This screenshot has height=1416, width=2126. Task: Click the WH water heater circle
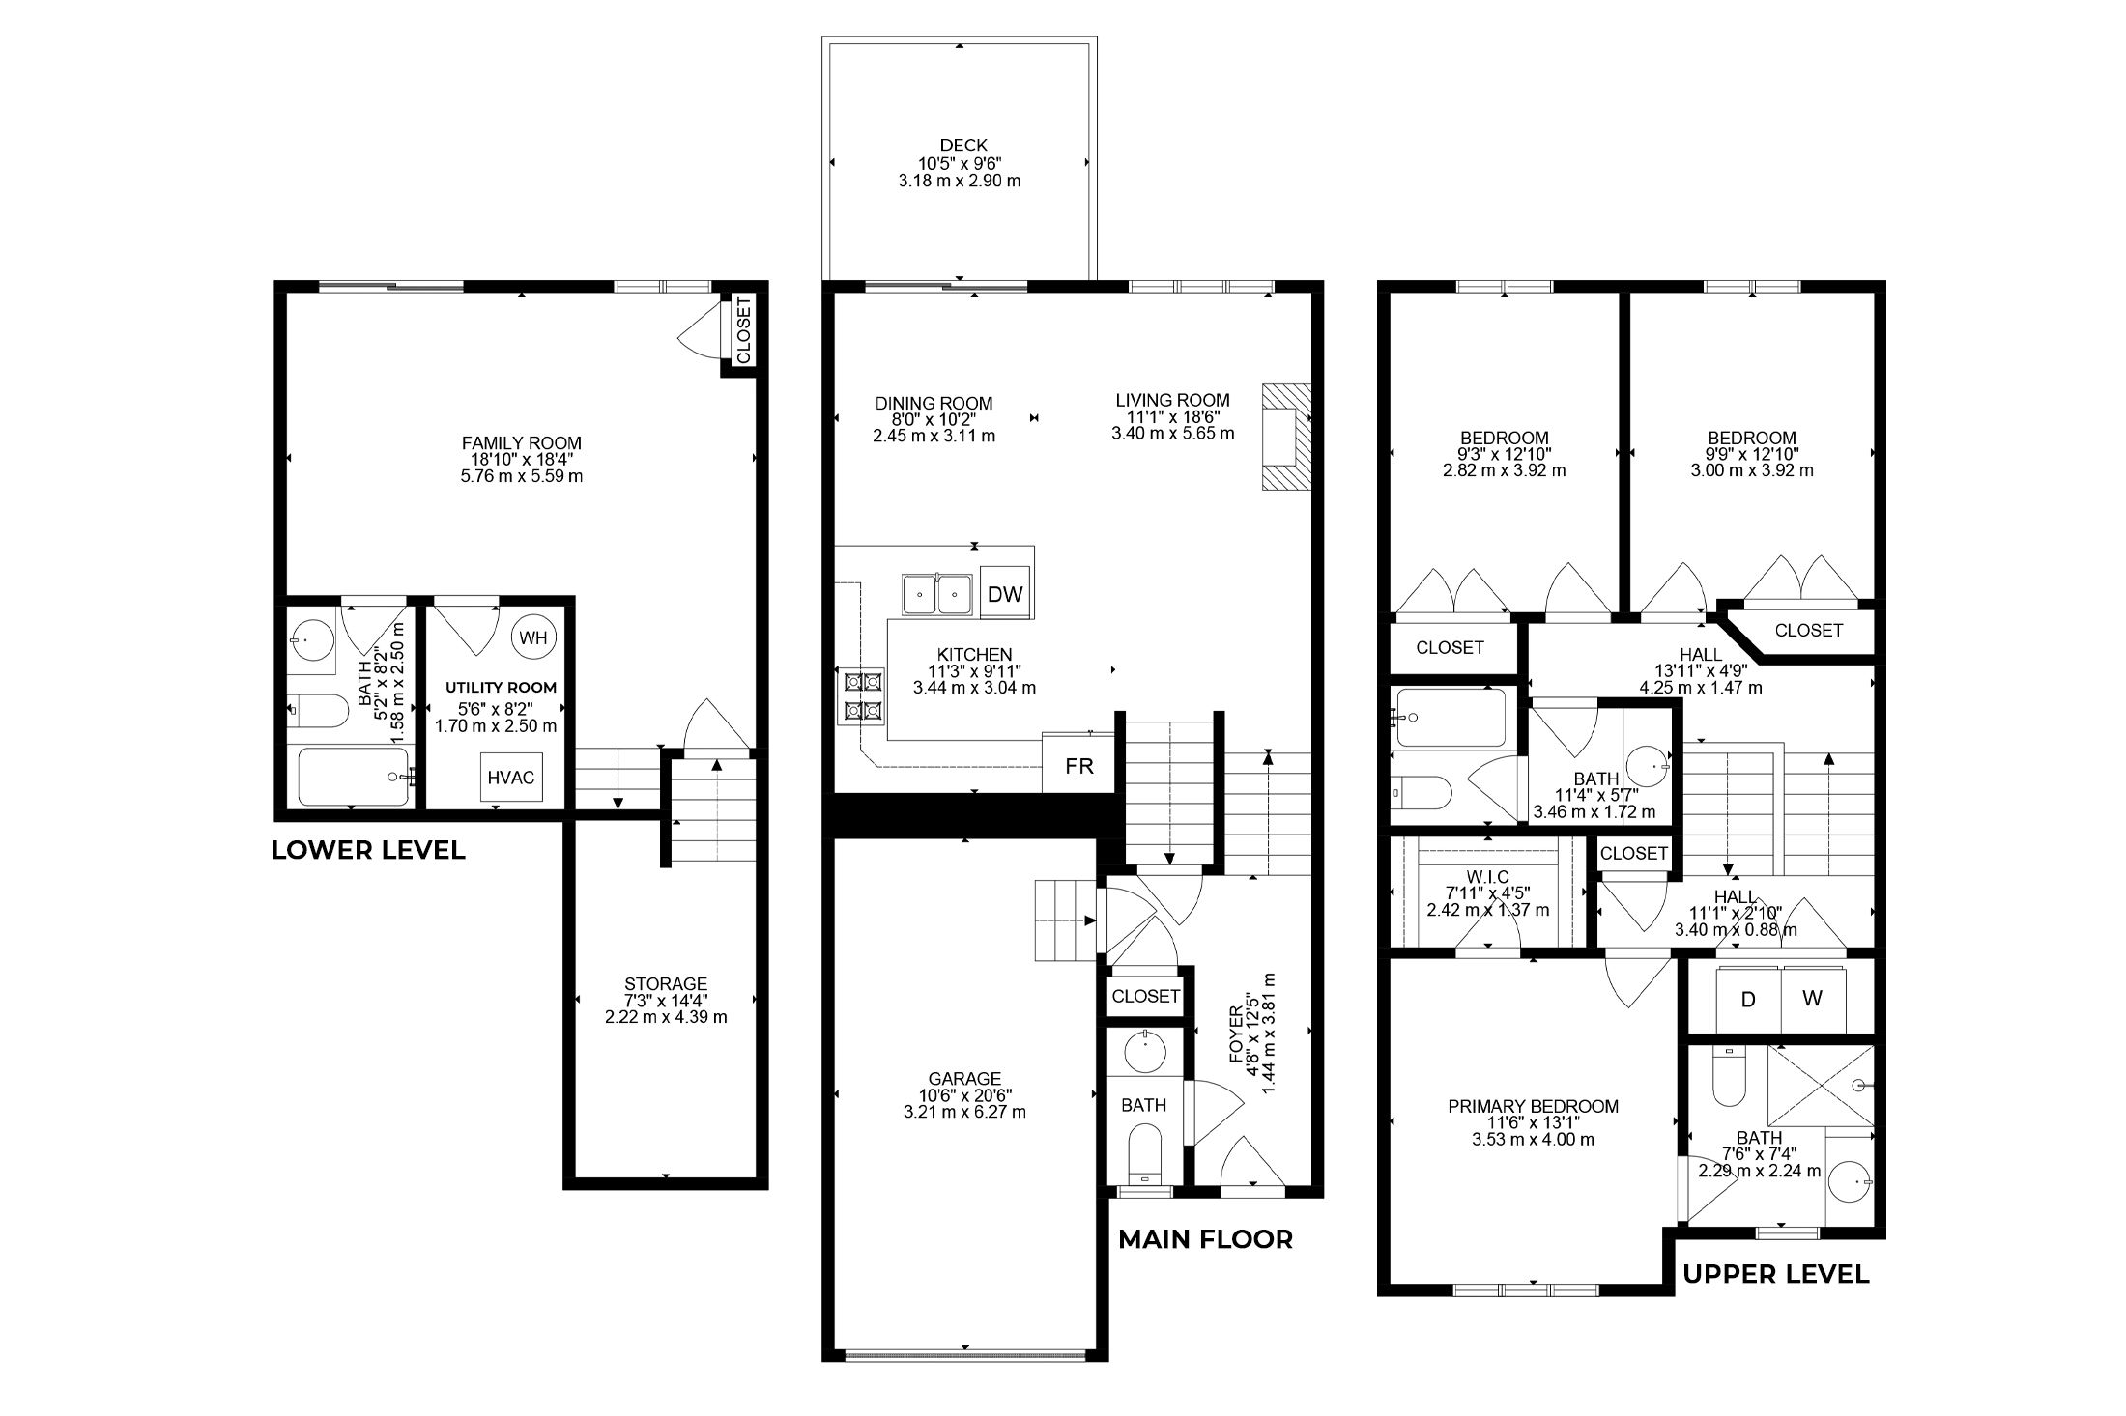532,637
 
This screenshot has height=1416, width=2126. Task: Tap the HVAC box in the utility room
511,778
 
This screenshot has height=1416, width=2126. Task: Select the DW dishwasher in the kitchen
1005,594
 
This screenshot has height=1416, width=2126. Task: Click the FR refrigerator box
1078,767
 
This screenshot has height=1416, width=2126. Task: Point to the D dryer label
1748,1000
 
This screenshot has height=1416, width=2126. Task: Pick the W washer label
1813,1000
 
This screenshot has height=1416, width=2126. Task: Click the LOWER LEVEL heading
368,850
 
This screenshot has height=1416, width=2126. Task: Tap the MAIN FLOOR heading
1205,1239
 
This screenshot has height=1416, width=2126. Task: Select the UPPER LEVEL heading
1776,1274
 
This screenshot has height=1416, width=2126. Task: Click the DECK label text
963,146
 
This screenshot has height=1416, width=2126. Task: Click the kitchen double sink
937,594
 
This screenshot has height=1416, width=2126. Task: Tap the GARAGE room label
964,1079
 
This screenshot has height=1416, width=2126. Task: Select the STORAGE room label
666,984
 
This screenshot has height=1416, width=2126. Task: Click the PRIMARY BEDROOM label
1533,1106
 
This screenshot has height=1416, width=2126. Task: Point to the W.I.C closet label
1487,876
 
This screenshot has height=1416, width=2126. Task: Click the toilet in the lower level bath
318,713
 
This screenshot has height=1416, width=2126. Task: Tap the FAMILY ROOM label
522,443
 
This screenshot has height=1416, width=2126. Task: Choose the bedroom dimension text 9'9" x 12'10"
1752,454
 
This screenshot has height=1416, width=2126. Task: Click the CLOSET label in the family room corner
743,330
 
